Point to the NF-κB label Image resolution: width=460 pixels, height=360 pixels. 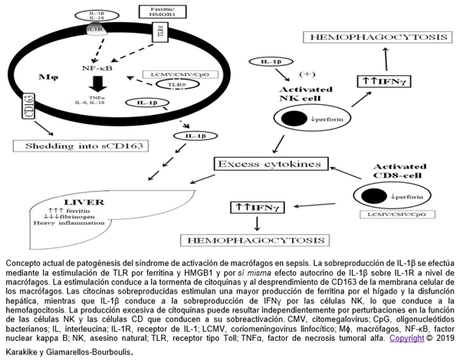tap(96, 67)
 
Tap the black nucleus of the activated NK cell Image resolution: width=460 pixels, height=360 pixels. tap(294, 119)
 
